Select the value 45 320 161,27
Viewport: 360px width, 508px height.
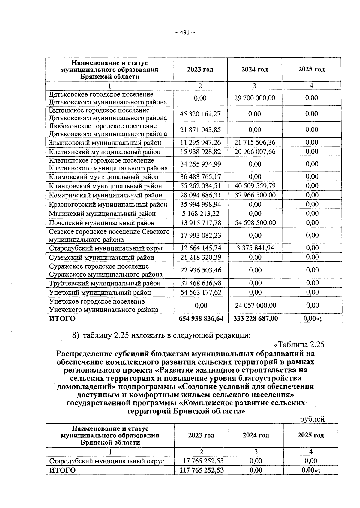[x=200, y=114]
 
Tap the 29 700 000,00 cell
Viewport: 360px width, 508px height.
[x=254, y=98]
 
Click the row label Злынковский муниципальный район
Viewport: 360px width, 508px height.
[x=105, y=143]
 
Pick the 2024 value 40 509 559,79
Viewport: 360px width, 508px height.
[x=255, y=186]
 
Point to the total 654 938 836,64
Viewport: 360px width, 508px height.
[x=201, y=319]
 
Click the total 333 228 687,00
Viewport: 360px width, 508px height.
[x=255, y=319]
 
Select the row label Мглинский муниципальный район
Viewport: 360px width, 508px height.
[x=102, y=214]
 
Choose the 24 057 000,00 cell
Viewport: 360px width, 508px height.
[x=256, y=305]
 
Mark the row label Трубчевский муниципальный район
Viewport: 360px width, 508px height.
[x=105, y=284]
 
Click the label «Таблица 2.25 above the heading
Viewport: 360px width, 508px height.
[x=299, y=344]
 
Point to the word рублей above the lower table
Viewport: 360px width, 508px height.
[x=312, y=419]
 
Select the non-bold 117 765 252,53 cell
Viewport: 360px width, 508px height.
[x=201, y=461]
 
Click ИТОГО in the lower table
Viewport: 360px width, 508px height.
[x=62, y=470]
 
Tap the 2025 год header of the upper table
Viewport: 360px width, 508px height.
[x=311, y=70]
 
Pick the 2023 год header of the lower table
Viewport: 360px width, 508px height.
[x=201, y=436]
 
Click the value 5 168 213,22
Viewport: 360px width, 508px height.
[x=200, y=214]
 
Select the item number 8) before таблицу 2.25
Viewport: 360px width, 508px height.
[x=76, y=335]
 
